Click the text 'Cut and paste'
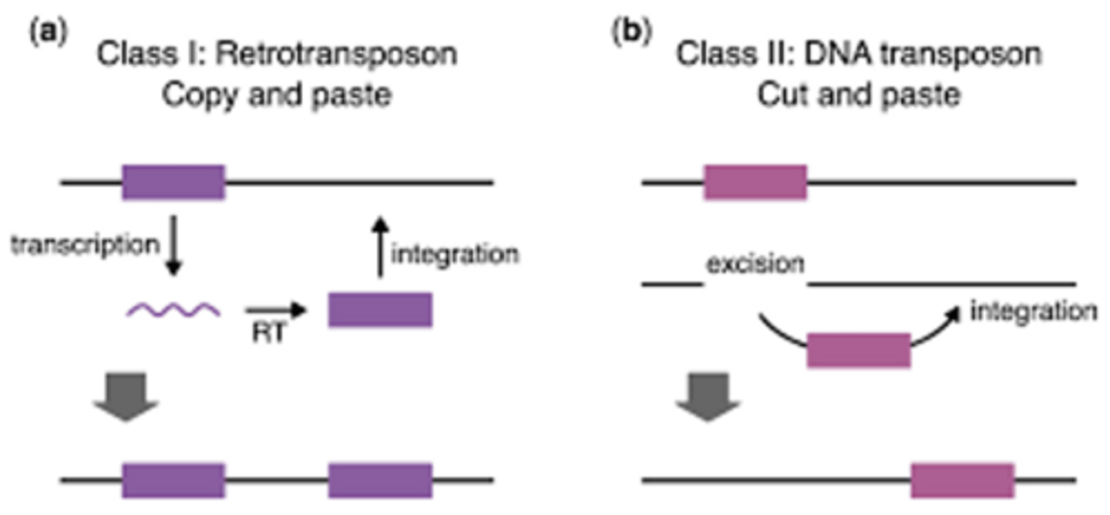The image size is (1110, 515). coord(858,95)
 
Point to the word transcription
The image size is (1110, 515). coord(84,245)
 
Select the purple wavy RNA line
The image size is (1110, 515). coord(174,311)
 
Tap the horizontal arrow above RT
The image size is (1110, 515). coord(276,311)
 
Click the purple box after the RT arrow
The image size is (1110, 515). coord(380,310)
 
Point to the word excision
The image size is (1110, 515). coord(755,264)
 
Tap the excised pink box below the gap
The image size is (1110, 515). coord(859,350)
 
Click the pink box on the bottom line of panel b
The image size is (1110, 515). coord(962,480)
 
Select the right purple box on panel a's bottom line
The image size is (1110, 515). coord(380,480)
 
